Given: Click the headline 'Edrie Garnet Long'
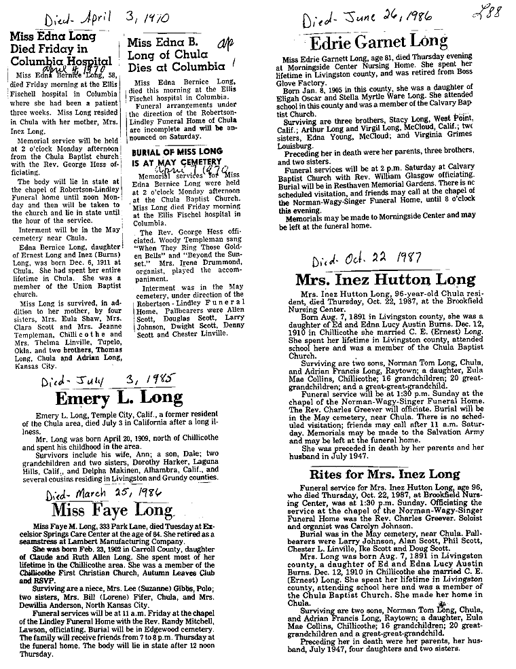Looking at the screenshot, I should click(x=379, y=43).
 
